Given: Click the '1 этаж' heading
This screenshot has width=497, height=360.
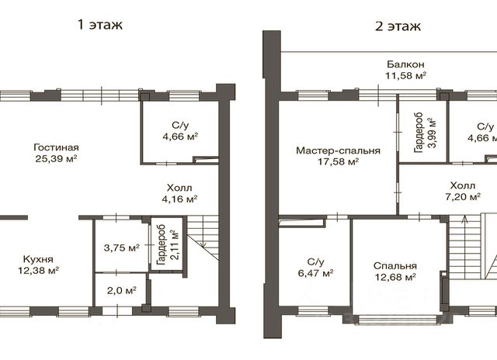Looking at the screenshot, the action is (x=100, y=25).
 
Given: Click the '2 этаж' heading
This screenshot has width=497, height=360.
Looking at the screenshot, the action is (x=398, y=26).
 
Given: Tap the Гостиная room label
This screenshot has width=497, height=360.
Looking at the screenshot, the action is (x=56, y=147).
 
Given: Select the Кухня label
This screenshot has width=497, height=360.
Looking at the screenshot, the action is (x=38, y=259).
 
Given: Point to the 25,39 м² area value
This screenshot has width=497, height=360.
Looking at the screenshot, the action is (x=56, y=158).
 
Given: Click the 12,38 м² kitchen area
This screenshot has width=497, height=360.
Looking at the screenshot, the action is (x=38, y=271).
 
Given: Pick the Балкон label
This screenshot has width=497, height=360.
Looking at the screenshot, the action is (x=405, y=64).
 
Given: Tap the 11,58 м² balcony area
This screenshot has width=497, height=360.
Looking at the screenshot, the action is (x=405, y=76).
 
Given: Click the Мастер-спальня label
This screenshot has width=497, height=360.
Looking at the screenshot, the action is (x=338, y=151).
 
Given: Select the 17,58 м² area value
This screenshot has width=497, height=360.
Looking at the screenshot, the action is (x=338, y=162).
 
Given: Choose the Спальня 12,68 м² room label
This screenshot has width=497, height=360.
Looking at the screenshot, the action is (x=395, y=272).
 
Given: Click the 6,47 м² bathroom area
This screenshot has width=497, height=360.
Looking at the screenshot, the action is (x=316, y=272).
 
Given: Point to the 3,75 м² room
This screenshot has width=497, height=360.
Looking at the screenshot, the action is (x=122, y=247).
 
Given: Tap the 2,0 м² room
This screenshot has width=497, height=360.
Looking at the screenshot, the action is (x=122, y=290).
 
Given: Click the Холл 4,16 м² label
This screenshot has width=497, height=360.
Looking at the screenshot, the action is (x=179, y=193).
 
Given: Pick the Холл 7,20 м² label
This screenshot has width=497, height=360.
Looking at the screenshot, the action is (x=463, y=191).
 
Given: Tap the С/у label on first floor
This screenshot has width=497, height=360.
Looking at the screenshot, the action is (x=180, y=125).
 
